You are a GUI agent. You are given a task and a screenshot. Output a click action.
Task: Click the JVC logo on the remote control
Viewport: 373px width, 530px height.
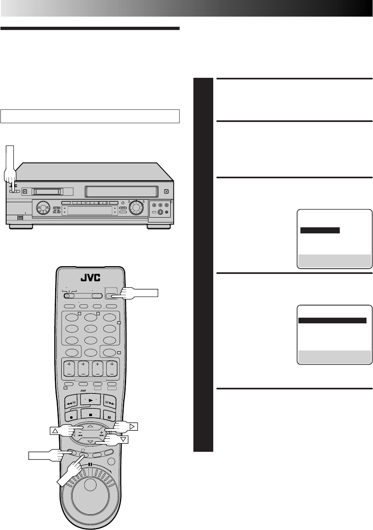pyautogui.click(x=91, y=278)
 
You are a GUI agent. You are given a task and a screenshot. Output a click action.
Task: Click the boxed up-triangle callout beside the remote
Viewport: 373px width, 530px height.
pyautogui.click(x=56, y=431)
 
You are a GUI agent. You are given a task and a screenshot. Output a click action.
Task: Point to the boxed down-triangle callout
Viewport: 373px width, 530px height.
pyautogui.click(x=123, y=440)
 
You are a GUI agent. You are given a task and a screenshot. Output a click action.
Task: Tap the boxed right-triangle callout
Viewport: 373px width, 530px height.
pyautogui.click(x=132, y=426)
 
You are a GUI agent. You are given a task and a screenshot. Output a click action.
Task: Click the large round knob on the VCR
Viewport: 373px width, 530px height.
pyautogui.click(x=136, y=207)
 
